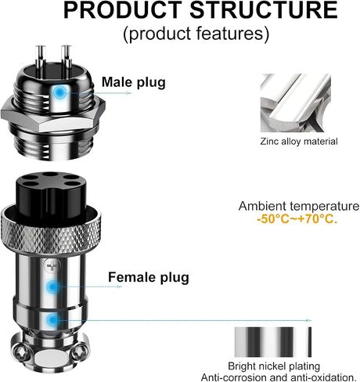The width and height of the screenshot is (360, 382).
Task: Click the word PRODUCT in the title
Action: pos(123,10)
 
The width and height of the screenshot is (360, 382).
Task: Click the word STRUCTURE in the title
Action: pos(264,10)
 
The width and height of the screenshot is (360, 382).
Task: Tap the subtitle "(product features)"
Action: pos(196,34)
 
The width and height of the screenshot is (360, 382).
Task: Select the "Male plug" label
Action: pos(134,82)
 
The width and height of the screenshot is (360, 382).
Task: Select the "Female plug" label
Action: pos(149,277)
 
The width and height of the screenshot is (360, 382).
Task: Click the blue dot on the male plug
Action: pos(59,92)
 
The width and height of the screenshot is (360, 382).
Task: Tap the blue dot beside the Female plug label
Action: pos(53,286)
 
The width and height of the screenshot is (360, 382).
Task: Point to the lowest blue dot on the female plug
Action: pos(52,320)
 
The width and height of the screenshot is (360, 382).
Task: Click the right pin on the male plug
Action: pos(67,61)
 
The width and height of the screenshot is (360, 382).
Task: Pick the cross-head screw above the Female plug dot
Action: pos(52,267)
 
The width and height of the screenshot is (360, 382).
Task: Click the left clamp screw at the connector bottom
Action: pos(20,353)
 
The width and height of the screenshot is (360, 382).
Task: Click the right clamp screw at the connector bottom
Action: pos(79,351)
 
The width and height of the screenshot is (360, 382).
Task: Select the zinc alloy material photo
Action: pos(296,103)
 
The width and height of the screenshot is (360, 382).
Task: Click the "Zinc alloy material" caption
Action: pos(299,142)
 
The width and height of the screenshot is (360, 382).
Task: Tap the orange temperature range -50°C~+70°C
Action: pos(297,219)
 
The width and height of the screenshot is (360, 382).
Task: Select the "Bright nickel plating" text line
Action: pos(274,366)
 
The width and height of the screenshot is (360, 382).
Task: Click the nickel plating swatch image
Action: pos(273,342)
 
